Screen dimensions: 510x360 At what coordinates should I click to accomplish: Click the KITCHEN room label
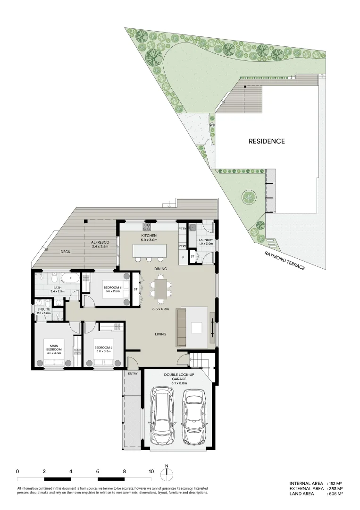(149, 236)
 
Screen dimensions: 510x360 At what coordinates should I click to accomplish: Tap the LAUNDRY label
(206, 240)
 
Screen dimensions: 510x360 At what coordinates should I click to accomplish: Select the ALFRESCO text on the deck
(100, 242)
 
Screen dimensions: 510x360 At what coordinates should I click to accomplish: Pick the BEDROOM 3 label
(113, 288)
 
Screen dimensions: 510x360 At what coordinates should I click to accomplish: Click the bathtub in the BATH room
(71, 277)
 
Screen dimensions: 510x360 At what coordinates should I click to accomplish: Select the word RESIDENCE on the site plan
(267, 141)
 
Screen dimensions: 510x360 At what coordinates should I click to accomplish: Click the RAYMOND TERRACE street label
(285, 261)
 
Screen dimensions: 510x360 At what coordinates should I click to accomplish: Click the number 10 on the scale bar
(151, 471)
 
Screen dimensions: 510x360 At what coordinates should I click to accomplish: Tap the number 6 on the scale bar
(98, 471)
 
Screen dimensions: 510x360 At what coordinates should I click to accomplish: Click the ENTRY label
(133, 374)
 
